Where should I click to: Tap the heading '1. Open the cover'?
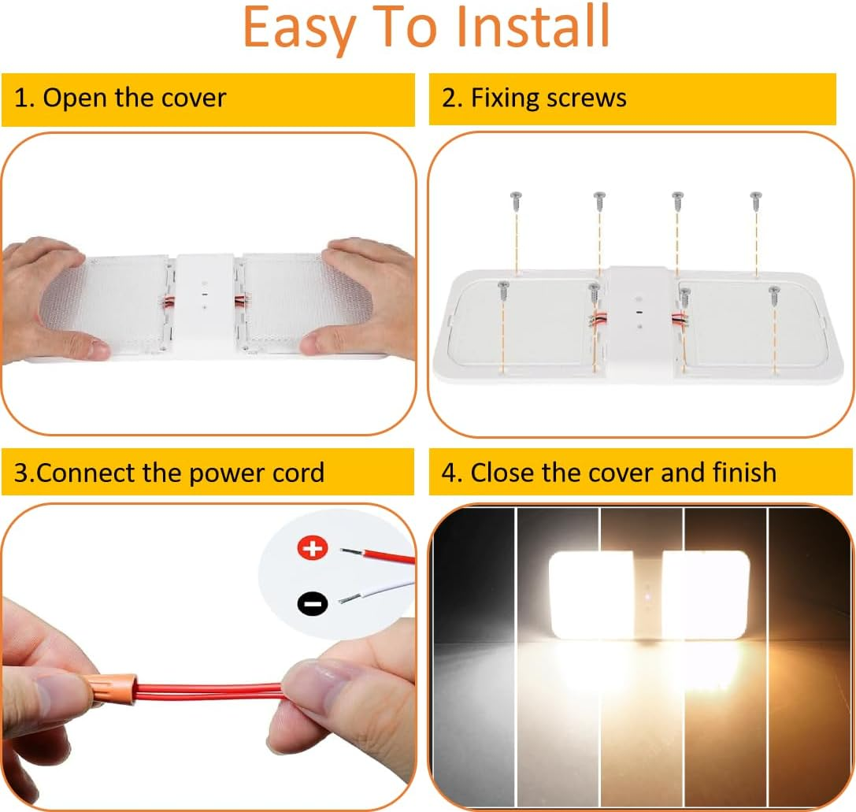[120, 98]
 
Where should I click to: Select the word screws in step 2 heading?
[587, 98]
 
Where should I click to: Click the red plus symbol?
[313, 547]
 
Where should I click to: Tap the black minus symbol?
[313, 603]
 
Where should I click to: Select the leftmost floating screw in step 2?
[516, 198]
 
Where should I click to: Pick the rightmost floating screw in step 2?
[756, 198]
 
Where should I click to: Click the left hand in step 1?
[55, 299]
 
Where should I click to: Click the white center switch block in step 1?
[205, 303]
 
